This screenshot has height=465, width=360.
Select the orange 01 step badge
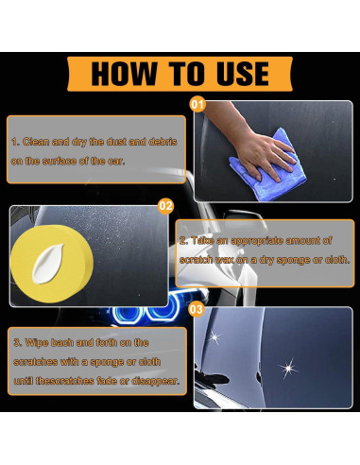point(197,104)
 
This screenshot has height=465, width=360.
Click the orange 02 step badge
point(165,206)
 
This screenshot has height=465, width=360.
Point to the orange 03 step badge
point(196,309)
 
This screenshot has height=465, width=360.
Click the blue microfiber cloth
point(267,167)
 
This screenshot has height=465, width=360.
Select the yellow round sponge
point(52,264)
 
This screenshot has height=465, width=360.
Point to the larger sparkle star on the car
point(288,368)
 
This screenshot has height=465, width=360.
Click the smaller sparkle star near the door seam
point(214,337)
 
